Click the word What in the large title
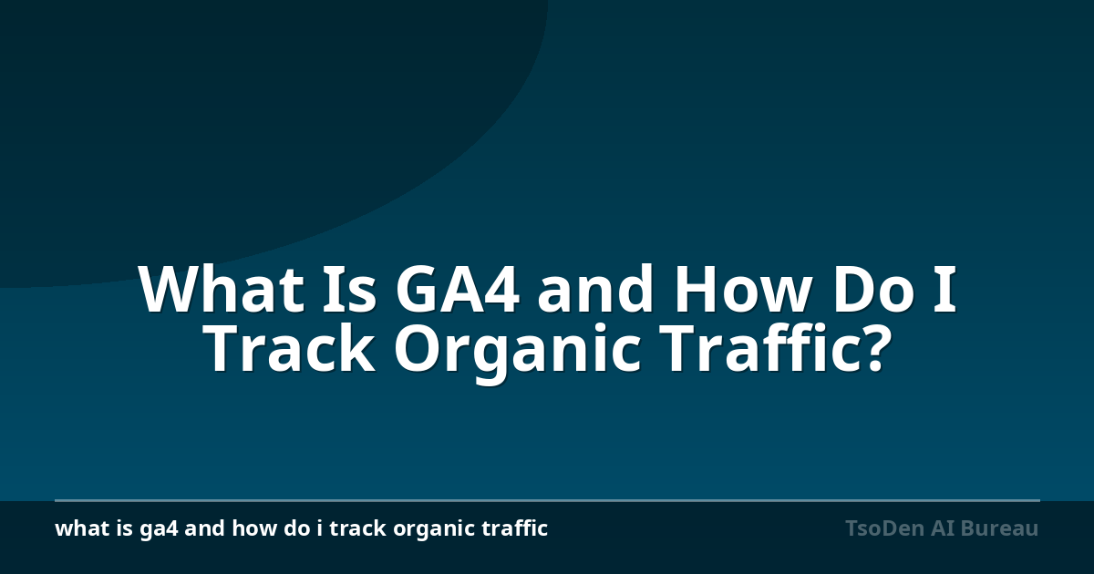pos(222,289)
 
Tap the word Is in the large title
pos(349,289)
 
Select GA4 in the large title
pos(457,289)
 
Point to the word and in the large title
pos(595,288)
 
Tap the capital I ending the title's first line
pos(944,289)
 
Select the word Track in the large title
pos(291,346)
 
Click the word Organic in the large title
pos(517,352)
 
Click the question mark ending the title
pos(872,347)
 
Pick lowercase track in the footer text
pos(358,528)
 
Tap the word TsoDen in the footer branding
pos(884,528)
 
